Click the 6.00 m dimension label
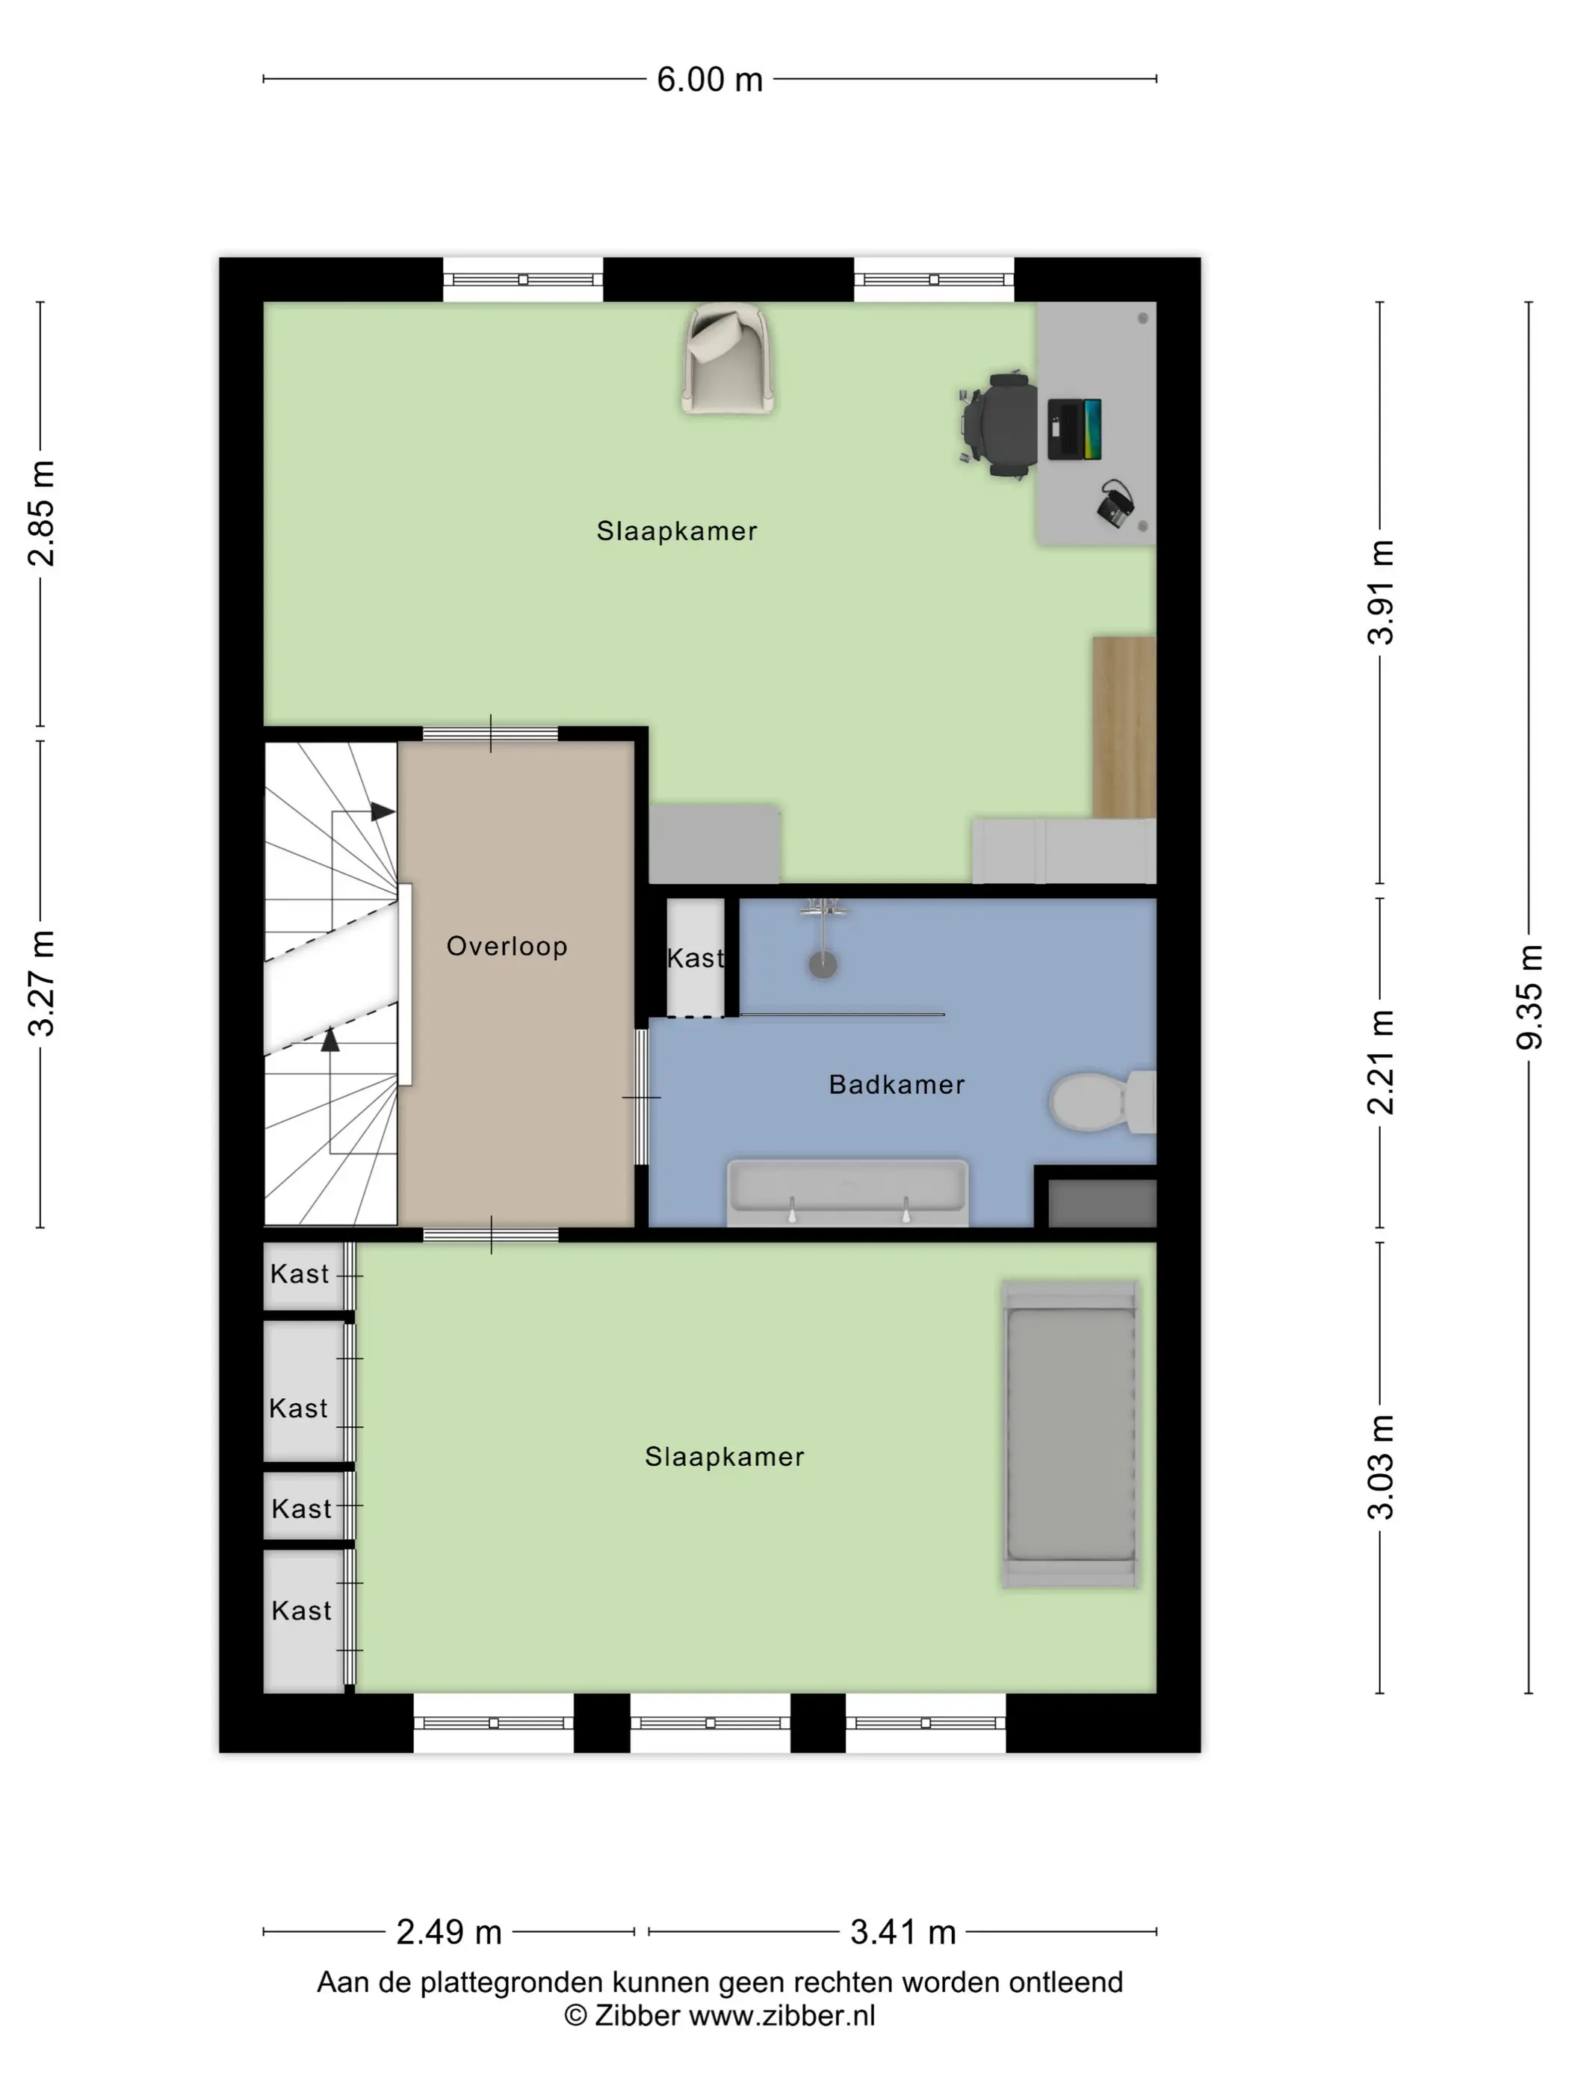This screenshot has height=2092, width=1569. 709,79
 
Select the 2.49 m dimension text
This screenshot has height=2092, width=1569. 448,1932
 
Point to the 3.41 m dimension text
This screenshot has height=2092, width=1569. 903,1932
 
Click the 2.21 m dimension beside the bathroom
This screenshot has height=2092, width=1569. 1381,1062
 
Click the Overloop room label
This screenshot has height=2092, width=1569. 507,946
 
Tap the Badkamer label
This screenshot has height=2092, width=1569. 897,1084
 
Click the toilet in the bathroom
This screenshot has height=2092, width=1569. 1103,1101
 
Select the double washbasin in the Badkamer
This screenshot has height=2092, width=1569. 847,1192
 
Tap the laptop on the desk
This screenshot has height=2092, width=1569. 1074,430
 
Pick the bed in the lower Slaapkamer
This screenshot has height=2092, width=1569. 1071,1434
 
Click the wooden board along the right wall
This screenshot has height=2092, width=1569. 1124,727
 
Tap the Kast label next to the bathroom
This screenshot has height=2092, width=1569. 695,958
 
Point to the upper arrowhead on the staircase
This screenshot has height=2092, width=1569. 382,811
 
